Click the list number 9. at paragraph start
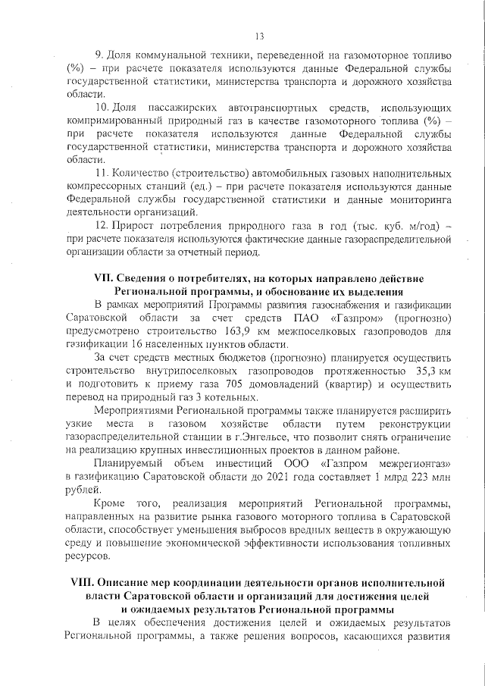pos(99,57)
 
